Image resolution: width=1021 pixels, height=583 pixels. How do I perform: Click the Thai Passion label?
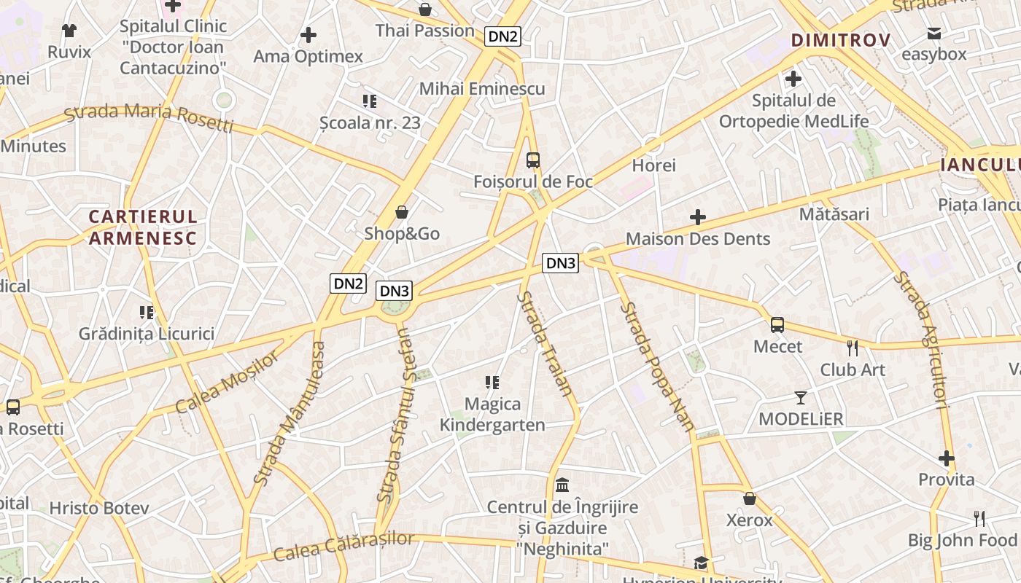coord(424,31)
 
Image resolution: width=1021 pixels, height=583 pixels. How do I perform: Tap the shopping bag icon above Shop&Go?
coord(401,212)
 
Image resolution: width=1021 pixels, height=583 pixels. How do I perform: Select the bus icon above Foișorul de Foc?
coord(533,160)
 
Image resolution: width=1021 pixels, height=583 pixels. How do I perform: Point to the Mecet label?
coord(777,346)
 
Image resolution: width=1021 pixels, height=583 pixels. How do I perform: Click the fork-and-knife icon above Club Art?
coord(853,348)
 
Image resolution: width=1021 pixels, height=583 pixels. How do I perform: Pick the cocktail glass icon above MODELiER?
coord(801,398)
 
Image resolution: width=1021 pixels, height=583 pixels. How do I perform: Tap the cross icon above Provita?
coord(947,458)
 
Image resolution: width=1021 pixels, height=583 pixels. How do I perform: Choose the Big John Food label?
coord(962,540)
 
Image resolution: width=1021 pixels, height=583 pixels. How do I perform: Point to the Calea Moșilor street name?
coord(227,382)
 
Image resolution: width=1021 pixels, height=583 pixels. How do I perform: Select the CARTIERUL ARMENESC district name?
coord(143,227)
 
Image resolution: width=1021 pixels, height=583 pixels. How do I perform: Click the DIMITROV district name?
coord(841,40)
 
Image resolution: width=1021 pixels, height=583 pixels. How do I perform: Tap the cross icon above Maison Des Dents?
coord(698,217)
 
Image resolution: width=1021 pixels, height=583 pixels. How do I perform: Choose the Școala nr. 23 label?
coord(370,122)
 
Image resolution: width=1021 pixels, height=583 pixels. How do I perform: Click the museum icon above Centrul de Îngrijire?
coord(562,485)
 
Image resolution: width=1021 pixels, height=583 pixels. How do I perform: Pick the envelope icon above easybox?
coord(933,33)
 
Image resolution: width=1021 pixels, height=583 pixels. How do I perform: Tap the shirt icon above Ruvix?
coord(69,31)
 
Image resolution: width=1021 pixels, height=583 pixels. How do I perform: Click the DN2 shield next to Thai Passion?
coord(503,36)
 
